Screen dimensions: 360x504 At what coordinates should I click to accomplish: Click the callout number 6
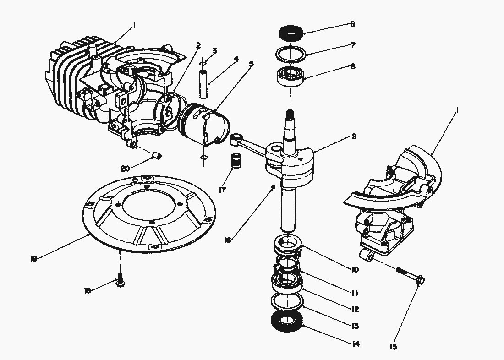click(352, 24)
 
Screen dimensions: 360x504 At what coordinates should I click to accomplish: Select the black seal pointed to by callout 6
click(290, 34)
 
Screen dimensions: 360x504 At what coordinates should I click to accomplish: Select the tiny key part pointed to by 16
click(273, 187)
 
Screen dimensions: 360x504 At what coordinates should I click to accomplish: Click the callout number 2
click(198, 45)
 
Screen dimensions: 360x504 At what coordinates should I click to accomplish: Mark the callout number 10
click(355, 270)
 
